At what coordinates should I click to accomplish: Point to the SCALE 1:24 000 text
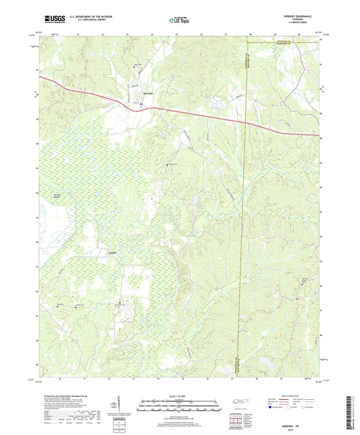180,395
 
